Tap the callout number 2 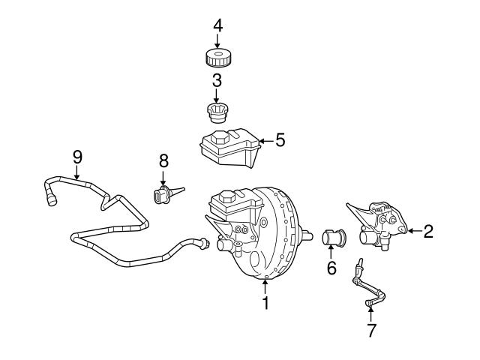click(428, 231)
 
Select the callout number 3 click(217, 80)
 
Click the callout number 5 click(280, 139)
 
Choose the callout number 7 click(369, 329)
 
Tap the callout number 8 click(163, 160)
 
